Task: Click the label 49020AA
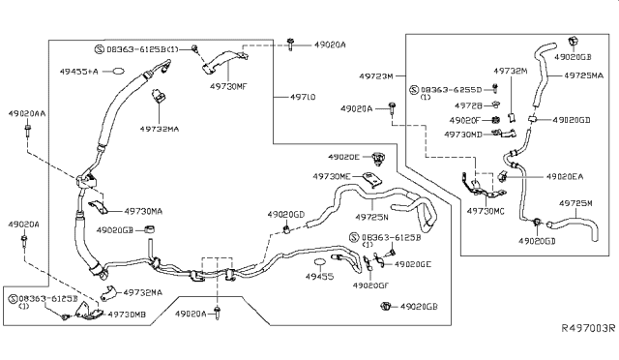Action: [x=28, y=112]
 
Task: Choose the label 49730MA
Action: [x=143, y=210]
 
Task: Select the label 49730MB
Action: [x=126, y=315]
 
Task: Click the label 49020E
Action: [x=342, y=157]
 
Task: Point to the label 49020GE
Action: [x=413, y=263]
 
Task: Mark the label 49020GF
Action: [x=372, y=285]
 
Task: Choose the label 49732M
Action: [x=509, y=71]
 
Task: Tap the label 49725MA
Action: [x=584, y=75]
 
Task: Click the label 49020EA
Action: [x=563, y=177]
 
